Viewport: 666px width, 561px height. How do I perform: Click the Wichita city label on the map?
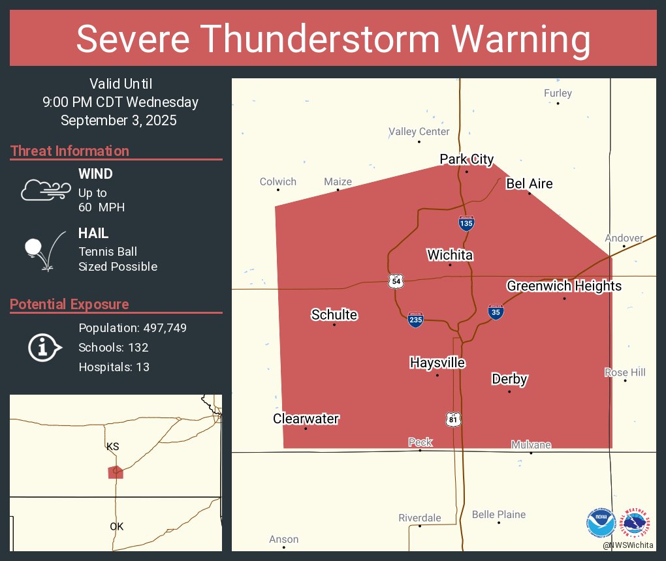(450, 255)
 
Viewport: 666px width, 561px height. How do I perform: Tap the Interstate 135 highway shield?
(466, 223)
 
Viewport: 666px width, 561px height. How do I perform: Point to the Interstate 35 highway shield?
(496, 312)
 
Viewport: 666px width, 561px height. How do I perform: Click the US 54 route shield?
(396, 281)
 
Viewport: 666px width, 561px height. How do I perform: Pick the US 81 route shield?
(453, 419)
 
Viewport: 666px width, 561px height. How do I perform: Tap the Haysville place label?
(437, 363)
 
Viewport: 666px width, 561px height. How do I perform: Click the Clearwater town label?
(306, 419)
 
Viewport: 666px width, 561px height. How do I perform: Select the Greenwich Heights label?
(564, 286)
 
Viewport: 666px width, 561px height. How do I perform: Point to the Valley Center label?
(419, 132)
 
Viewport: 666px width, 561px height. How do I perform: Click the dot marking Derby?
(509, 391)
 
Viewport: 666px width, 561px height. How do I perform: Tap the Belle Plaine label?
(499, 515)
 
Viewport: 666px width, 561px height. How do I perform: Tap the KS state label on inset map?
(112, 447)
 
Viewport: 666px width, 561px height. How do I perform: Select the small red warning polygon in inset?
(116, 472)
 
